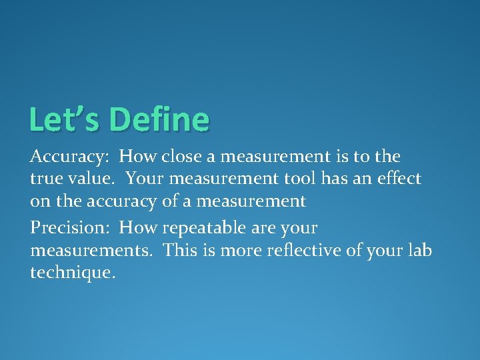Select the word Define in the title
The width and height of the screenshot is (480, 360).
click(x=159, y=120)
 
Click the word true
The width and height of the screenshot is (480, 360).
click(x=44, y=179)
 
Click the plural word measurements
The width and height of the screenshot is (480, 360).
click(x=93, y=251)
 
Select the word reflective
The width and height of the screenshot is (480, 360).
click(x=301, y=251)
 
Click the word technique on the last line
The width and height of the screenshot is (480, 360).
click(x=71, y=273)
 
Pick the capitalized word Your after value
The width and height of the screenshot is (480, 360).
click(x=143, y=179)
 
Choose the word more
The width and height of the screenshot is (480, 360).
click(x=238, y=251)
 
